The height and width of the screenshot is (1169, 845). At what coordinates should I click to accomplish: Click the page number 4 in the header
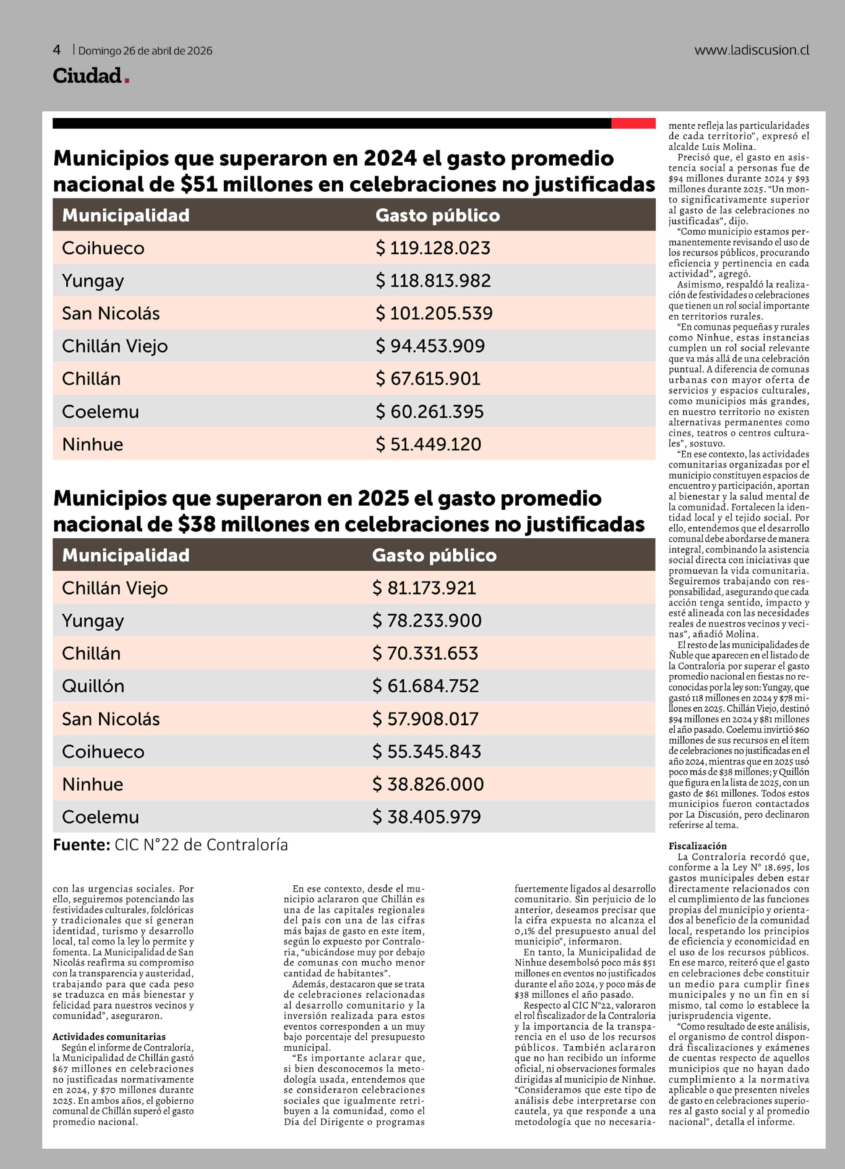(57, 50)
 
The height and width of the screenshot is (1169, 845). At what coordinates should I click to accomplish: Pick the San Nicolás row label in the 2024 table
(111, 313)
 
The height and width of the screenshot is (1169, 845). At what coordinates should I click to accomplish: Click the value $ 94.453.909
(430, 346)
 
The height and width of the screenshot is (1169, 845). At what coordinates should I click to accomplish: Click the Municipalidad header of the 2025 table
(126, 555)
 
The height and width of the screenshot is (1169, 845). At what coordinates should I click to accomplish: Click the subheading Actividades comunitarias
(109, 1037)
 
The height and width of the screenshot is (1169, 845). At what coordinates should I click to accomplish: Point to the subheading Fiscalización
(697, 846)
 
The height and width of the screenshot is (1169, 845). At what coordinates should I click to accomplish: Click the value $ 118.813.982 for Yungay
(433, 281)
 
